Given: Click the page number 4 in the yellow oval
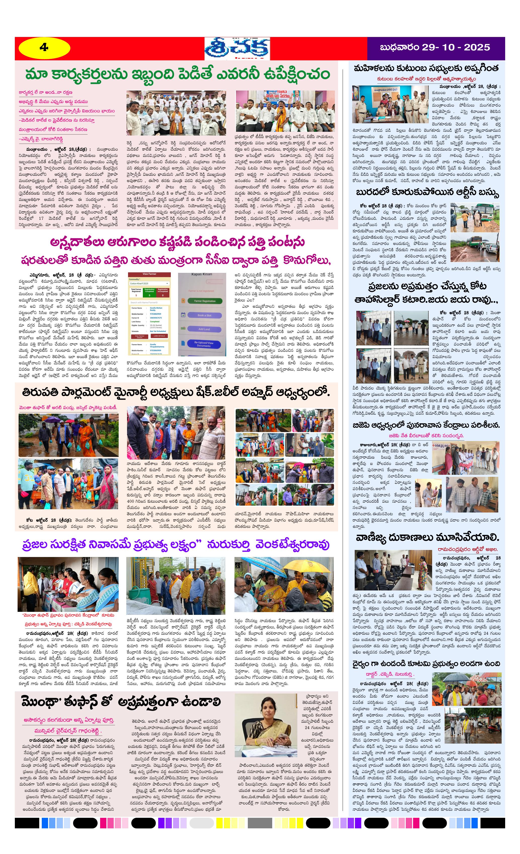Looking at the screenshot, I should click(44, 48).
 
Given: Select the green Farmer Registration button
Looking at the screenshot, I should click(204, 301).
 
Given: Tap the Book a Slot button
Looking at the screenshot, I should click(204, 315).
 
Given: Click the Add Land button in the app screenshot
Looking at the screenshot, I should click(204, 329).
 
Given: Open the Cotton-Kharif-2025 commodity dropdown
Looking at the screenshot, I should click(149, 283).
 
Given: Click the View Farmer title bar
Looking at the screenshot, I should click(149, 274).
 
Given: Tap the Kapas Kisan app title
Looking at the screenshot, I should click(202, 275).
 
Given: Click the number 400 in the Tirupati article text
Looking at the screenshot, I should click(130, 501).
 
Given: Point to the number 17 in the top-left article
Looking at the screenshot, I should click(41, 218).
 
